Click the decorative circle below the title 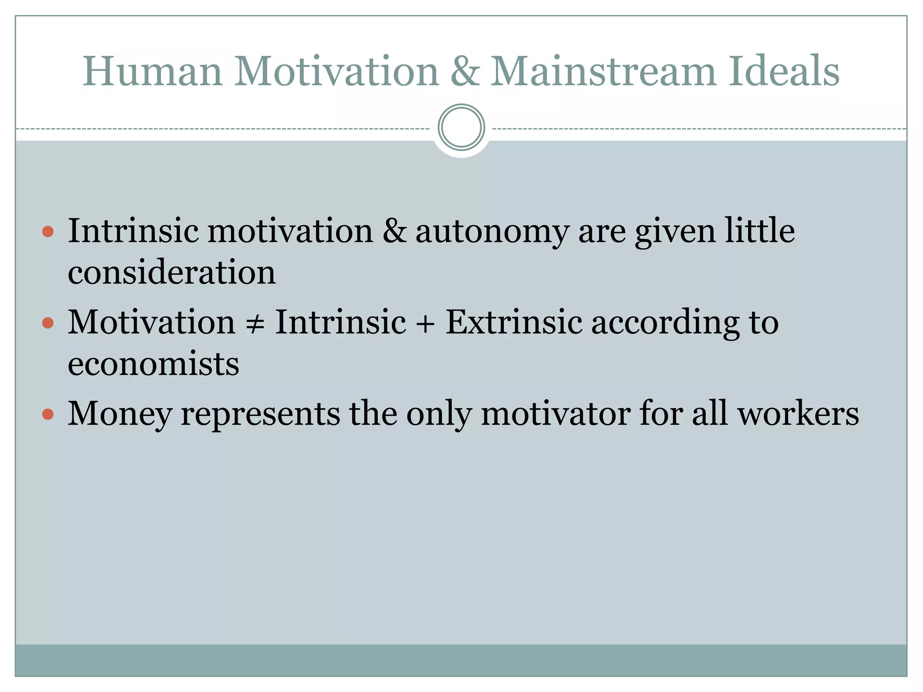click(x=461, y=127)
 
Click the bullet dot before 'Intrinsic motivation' click(x=48, y=232)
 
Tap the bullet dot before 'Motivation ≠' click(x=48, y=323)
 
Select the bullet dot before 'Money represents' click(x=48, y=414)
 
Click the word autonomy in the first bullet click(x=492, y=232)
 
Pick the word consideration click(x=172, y=273)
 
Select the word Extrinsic click(x=514, y=323)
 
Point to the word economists click(x=153, y=364)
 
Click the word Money click(x=120, y=414)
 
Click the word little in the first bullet click(x=760, y=231)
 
